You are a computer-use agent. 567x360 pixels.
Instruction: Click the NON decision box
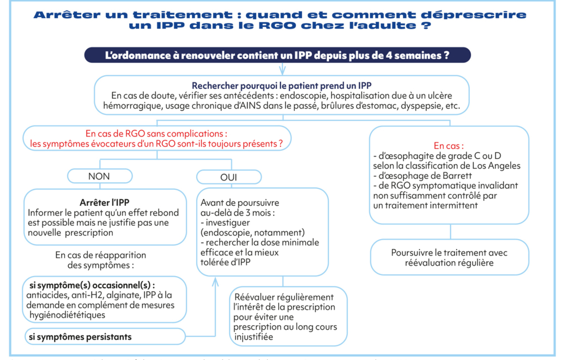(99, 176)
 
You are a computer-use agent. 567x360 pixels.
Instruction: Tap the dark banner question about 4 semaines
(278, 55)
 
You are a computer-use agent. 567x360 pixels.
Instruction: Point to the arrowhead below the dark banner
(282, 70)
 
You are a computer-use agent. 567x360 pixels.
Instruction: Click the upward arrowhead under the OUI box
(215, 281)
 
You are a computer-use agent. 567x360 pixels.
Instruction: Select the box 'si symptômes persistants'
(80, 337)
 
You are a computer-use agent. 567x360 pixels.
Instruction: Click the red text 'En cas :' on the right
(449, 146)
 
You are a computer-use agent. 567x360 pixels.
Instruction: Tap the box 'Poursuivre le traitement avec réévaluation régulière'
(449, 257)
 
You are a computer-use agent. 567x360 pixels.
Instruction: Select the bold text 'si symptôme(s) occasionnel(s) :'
(91, 285)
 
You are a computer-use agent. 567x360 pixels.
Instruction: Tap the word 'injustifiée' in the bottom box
(254, 337)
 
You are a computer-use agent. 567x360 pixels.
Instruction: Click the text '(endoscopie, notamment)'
(252, 232)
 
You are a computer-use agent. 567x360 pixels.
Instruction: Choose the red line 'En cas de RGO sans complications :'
(156, 133)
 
